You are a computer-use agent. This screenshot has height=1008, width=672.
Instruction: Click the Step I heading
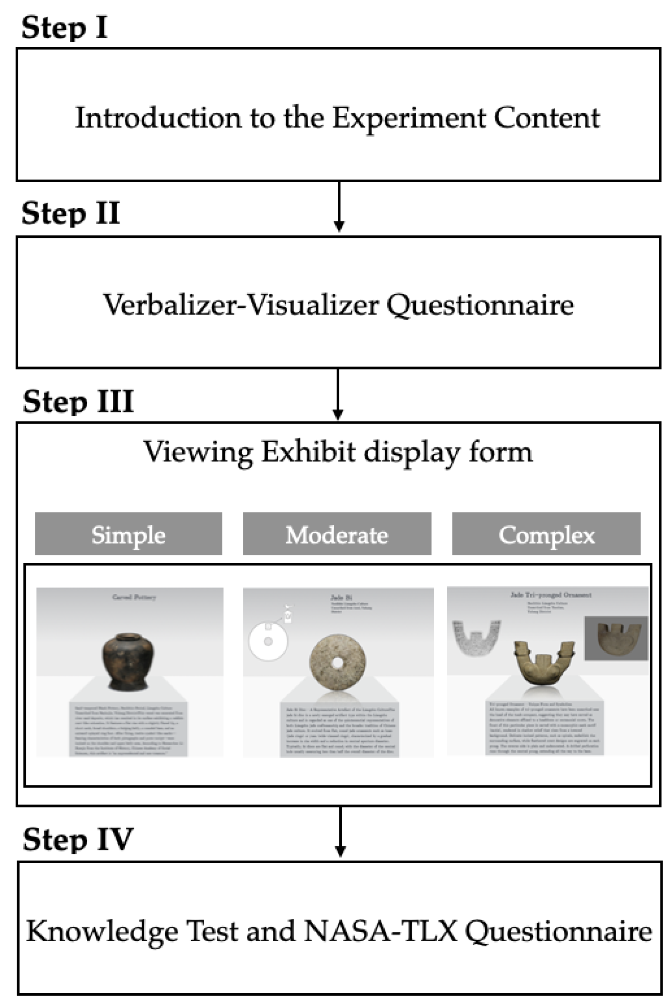pyautogui.click(x=64, y=27)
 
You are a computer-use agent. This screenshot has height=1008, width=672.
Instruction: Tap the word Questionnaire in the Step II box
pyautogui.click(x=480, y=305)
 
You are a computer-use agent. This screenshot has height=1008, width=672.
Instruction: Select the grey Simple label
pyautogui.click(x=129, y=534)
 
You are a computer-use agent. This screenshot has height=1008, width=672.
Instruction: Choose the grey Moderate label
pyautogui.click(x=337, y=534)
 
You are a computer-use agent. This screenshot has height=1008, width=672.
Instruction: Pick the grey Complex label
pyautogui.click(x=546, y=534)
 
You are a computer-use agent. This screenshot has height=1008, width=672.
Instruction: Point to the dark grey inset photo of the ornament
pyautogui.click(x=616, y=638)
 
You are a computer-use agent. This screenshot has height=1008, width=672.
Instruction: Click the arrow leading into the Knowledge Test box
pyautogui.click(x=340, y=832)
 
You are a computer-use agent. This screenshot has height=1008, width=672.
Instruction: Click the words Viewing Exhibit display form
pyautogui.click(x=338, y=452)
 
